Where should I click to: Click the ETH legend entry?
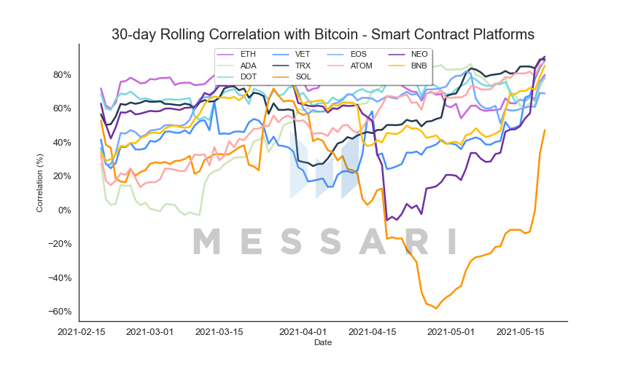pyautogui.click(x=236, y=54)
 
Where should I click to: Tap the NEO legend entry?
pyautogui.click(x=408, y=54)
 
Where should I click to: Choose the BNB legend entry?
pyautogui.click(x=408, y=66)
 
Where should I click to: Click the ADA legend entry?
pyautogui.click(x=237, y=66)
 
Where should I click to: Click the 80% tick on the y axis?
pyautogui.click(x=62, y=75)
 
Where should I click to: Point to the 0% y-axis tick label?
pyautogui.click(x=65, y=210)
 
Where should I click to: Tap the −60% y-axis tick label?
pyautogui.click(x=60, y=312)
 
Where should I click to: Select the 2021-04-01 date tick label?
pyautogui.click(x=303, y=332)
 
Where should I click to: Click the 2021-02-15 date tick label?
pyautogui.click(x=82, y=332)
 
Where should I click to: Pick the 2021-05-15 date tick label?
pyautogui.click(x=521, y=332)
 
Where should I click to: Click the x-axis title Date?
pyautogui.click(x=323, y=342)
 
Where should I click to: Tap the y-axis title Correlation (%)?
pyautogui.click(x=39, y=183)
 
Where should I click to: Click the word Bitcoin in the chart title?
pyautogui.click(x=336, y=34)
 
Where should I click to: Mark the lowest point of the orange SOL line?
pyautogui.click(x=436, y=308)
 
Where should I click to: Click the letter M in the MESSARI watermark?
pyautogui.click(x=207, y=241)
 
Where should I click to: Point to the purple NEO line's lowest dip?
pyautogui.click(x=387, y=220)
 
